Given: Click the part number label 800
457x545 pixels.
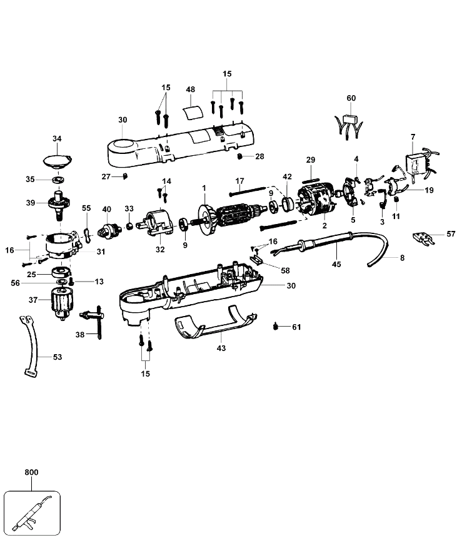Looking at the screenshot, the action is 32,472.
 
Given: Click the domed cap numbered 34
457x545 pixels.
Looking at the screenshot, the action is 58,161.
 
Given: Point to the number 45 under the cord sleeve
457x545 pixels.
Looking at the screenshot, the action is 336,264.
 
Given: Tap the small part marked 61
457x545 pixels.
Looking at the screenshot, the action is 276,327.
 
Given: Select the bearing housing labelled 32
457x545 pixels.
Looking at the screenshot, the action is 157,223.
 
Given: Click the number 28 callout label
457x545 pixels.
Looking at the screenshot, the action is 259,157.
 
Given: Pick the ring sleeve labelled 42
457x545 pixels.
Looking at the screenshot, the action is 288,204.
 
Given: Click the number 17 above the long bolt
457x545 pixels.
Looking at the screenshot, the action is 239,181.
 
